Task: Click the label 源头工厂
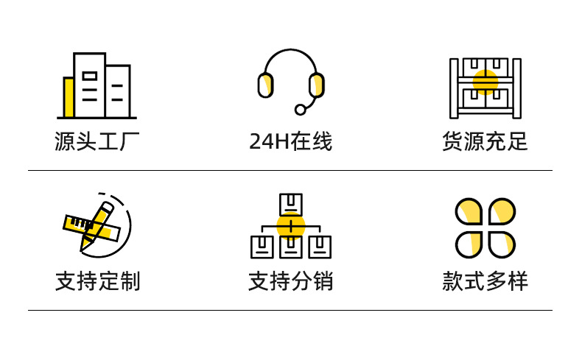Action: [x=97, y=141]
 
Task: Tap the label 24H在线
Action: [x=290, y=141]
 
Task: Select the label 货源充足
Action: [x=485, y=141]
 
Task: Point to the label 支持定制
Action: [x=97, y=280]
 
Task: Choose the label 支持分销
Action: [x=290, y=280]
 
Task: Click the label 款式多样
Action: [x=485, y=280]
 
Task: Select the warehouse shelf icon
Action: [x=485, y=88]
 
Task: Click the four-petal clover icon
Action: [x=485, y=227]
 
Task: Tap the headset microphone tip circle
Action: [x=300, y=110]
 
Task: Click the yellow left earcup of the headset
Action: [x=266, y=85]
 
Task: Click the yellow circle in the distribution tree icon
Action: [x=291, y=227]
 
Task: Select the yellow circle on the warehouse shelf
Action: [x=485, y=82]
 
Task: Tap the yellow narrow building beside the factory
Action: [x=69, y=97]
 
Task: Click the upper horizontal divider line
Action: [x=290, y=171]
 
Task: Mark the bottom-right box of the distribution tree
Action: [x=320, y=247]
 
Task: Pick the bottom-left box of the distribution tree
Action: [x=262, y=247]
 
